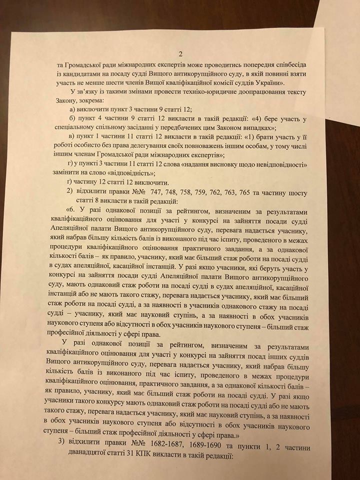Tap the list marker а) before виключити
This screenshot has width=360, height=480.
(71, 111)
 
